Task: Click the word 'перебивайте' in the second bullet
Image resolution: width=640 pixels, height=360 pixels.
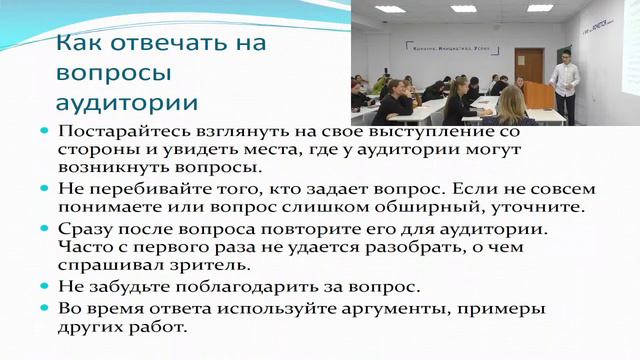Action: pos(137,189)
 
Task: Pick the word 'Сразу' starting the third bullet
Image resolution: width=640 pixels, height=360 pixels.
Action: pos(85,228)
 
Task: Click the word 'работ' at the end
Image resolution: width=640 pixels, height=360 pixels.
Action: pos(158,327)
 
